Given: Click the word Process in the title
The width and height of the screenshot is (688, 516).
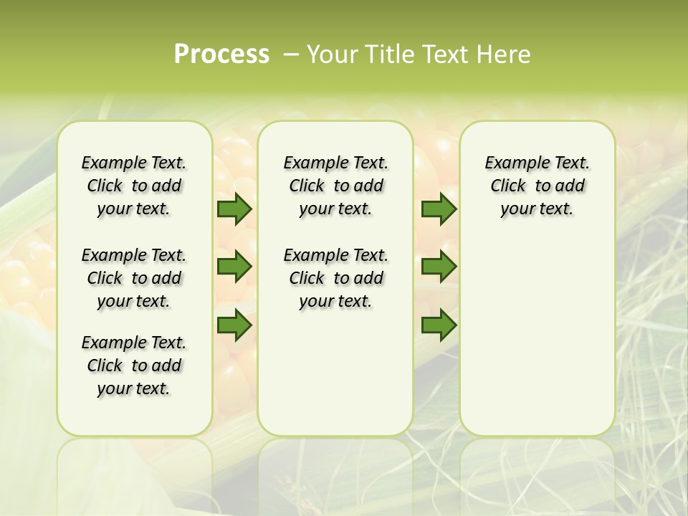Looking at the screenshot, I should pos(221,54).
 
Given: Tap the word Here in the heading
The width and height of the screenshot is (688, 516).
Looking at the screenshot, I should pos(505,54).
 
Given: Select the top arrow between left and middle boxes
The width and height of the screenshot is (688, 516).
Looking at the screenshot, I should pos(234,209).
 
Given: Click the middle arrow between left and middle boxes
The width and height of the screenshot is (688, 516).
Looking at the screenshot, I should pos(234,267).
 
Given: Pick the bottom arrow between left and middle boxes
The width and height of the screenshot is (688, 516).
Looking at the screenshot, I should pos(234,325).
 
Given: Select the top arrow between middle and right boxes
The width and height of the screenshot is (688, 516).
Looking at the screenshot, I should pos(439,209).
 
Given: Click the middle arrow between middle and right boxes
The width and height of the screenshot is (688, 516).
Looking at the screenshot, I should pos(439,267).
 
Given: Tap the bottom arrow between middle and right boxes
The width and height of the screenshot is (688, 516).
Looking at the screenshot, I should pos(439,325).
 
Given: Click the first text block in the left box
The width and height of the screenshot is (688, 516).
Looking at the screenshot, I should pos(134,186).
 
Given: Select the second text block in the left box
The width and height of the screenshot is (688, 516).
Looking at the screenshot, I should pos(134,278).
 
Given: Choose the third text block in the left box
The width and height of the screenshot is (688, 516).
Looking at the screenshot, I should pos(134,365).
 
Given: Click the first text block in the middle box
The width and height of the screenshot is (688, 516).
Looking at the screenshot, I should pos(335,186).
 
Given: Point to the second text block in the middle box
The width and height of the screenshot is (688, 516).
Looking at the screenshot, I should pos(335,278).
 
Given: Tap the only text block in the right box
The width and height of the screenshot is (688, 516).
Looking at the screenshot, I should pos(537,186).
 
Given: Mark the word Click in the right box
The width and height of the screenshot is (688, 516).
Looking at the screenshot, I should pos(508,186).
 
